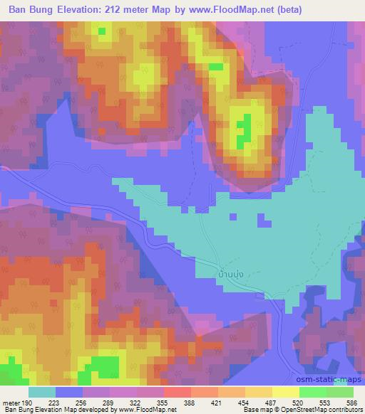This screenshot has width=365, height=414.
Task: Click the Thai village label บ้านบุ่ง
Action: point(228,272)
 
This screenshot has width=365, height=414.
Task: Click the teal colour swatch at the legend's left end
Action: point(41,392)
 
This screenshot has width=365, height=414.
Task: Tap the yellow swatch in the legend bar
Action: point(285,392)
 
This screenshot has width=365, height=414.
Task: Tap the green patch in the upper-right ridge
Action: point(244,126)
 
